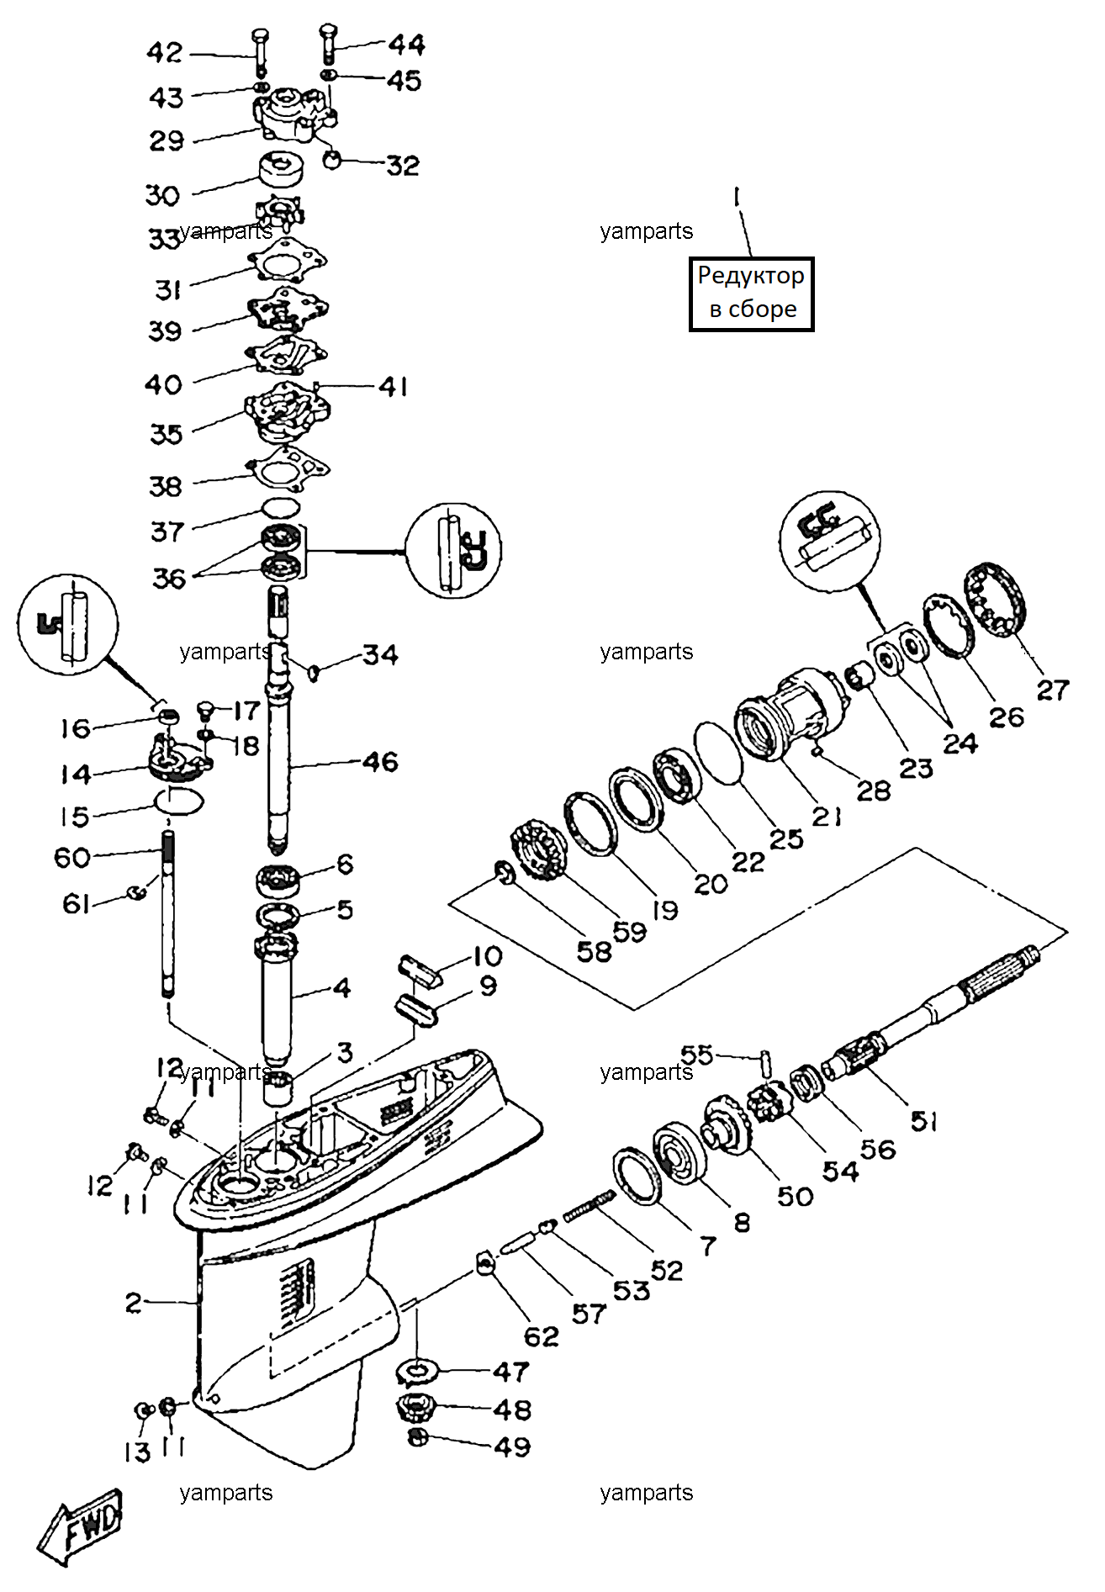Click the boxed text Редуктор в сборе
pos(751,294)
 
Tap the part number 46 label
pos(380,762)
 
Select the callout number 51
pos(923,1120)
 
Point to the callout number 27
pos(1052,690)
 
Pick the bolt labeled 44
pos(328,45)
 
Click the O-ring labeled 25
pos(718,753)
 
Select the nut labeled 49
pos(416,1437)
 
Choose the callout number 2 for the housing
pos(134,1303)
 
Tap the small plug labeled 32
pos(332,158)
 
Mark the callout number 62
pos(541,1336)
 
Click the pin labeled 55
pos(766,1062)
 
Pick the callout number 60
pos(72,858)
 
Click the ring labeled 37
pos(281,507)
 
